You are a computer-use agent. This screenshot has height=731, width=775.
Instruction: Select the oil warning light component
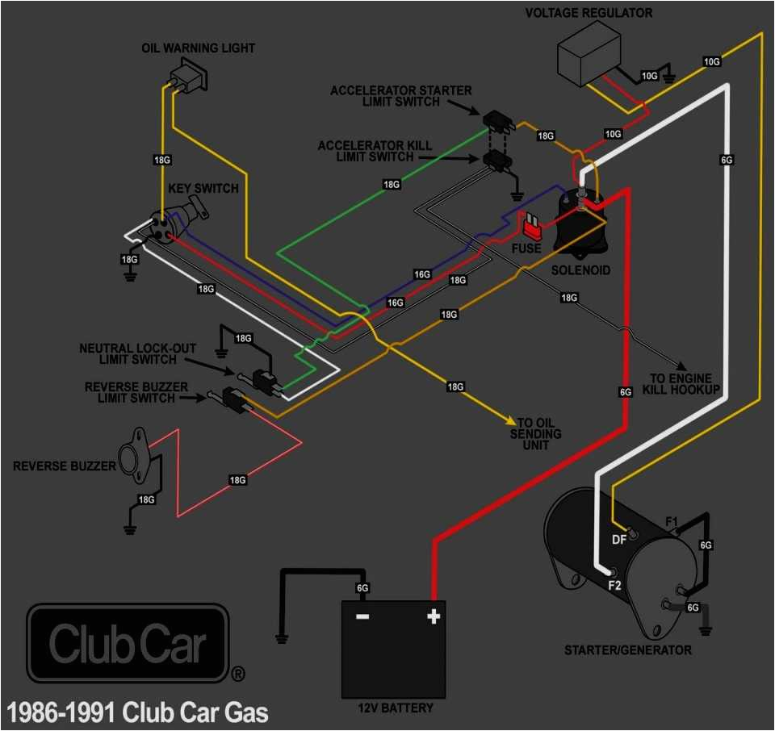click(186, 79)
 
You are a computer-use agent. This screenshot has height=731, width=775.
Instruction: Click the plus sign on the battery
click(434, 616)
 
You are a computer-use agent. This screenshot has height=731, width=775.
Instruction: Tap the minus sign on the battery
click(362, 616)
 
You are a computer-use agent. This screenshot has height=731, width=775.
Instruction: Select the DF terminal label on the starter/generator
click(619, 540)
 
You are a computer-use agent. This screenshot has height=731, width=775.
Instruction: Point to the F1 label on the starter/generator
click(670, 522)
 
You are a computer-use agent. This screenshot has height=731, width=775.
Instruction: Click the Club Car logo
click(128, 643)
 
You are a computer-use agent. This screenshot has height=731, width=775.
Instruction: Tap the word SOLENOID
click(580, 269)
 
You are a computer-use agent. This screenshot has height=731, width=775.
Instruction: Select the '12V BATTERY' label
click(395, 708)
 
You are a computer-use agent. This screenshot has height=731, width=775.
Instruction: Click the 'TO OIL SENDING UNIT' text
click(540, 434)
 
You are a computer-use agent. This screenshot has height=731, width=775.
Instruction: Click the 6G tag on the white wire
click(727, 160)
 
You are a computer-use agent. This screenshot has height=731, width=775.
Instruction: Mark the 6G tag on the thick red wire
click(625, 391)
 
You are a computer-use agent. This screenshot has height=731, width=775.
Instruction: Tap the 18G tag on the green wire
click(392, 184)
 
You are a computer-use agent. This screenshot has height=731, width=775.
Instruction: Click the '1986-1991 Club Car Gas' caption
click(137, 713)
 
